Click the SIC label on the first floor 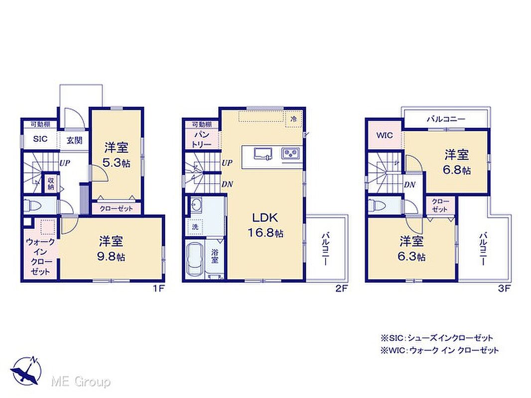click(x=40, y=139)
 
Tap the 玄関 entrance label click(x=74, y=140)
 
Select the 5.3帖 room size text click(x=117, y=163)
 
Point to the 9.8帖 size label click(x=111, y=257)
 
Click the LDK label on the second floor click(x=265, y=218)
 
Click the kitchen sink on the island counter click(x=263, y=153)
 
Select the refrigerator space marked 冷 click(x=293, y=119)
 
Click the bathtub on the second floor click(x=194, y=259)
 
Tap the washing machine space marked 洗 click(x=195, y=227)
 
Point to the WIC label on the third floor click(x=385, y=136)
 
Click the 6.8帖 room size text click(x=456, y=170)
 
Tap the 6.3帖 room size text click(x=412, y=257)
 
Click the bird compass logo click(x=26, y=371)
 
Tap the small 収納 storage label click(x=51, y=183)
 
